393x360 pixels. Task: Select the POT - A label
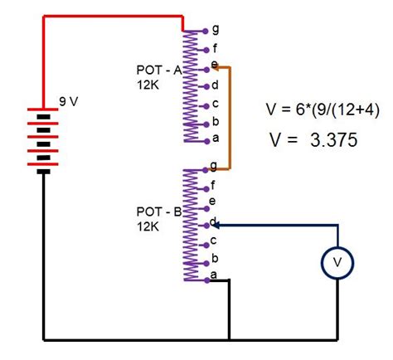pos(160,71)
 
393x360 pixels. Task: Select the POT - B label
pos(160,212)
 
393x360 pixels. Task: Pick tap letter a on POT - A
pos(216,138)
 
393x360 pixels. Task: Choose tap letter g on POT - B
pos(216,166)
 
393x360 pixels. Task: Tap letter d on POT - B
pos(216,221)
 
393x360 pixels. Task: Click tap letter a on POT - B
pos(214,275)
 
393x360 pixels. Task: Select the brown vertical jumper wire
pos(229,116)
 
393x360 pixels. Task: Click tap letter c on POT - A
pos(216,103)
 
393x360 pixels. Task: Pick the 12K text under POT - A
pos(149,84)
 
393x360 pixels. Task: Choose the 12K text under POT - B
pos(149,225)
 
